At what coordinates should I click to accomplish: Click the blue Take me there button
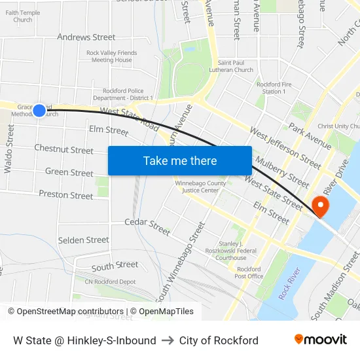[180, 160]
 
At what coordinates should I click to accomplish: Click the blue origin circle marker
[39, 111]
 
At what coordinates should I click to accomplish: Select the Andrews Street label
[86, 37]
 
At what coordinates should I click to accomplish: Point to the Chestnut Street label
[63, 150]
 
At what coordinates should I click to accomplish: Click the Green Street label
[69, 173]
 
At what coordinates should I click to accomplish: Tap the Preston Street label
[66, 195]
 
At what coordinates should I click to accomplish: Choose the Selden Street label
[84, 240]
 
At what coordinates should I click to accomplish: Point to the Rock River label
[289, 283]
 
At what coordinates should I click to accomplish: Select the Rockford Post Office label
[249, 272]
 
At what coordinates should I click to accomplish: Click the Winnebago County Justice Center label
[200, 187]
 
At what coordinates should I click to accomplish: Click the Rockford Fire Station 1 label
[271, 88]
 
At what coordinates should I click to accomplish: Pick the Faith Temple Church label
[23, 16]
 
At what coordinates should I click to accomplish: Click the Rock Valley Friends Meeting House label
[112, 56]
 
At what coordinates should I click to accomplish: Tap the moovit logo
[321, 340]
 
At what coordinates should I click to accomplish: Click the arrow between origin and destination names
[168, 340]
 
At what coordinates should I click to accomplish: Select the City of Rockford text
[219, 340]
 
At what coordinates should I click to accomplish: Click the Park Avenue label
[310, 135]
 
